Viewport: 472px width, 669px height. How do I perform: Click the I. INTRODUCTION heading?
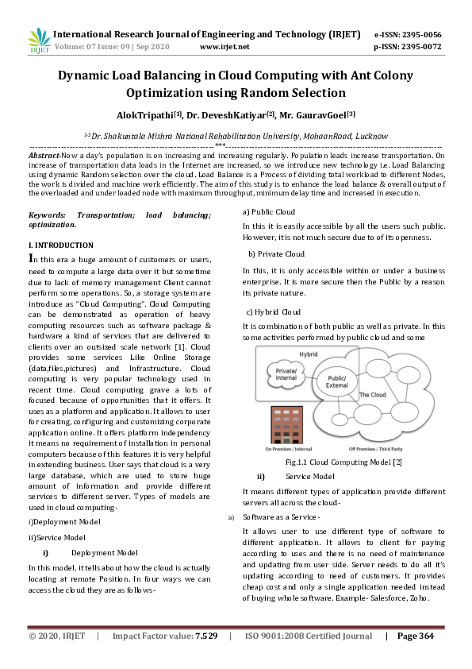pos(60,246)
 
